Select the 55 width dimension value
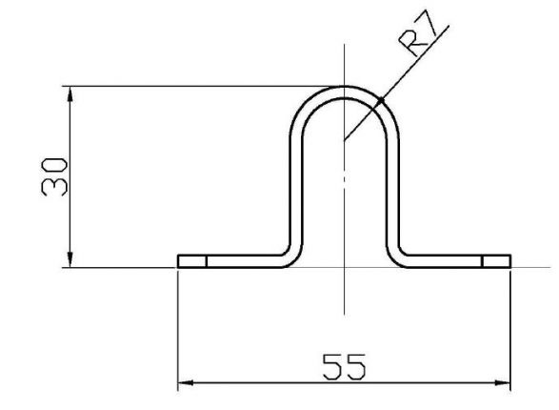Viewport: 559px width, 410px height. tap(344, 367)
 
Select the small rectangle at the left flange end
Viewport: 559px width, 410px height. tap(192, 261)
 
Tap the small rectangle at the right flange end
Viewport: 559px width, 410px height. tap(495, 261)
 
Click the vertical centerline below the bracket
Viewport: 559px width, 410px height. tap(344, 296)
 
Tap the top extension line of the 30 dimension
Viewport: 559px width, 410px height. tap(190, 87)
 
